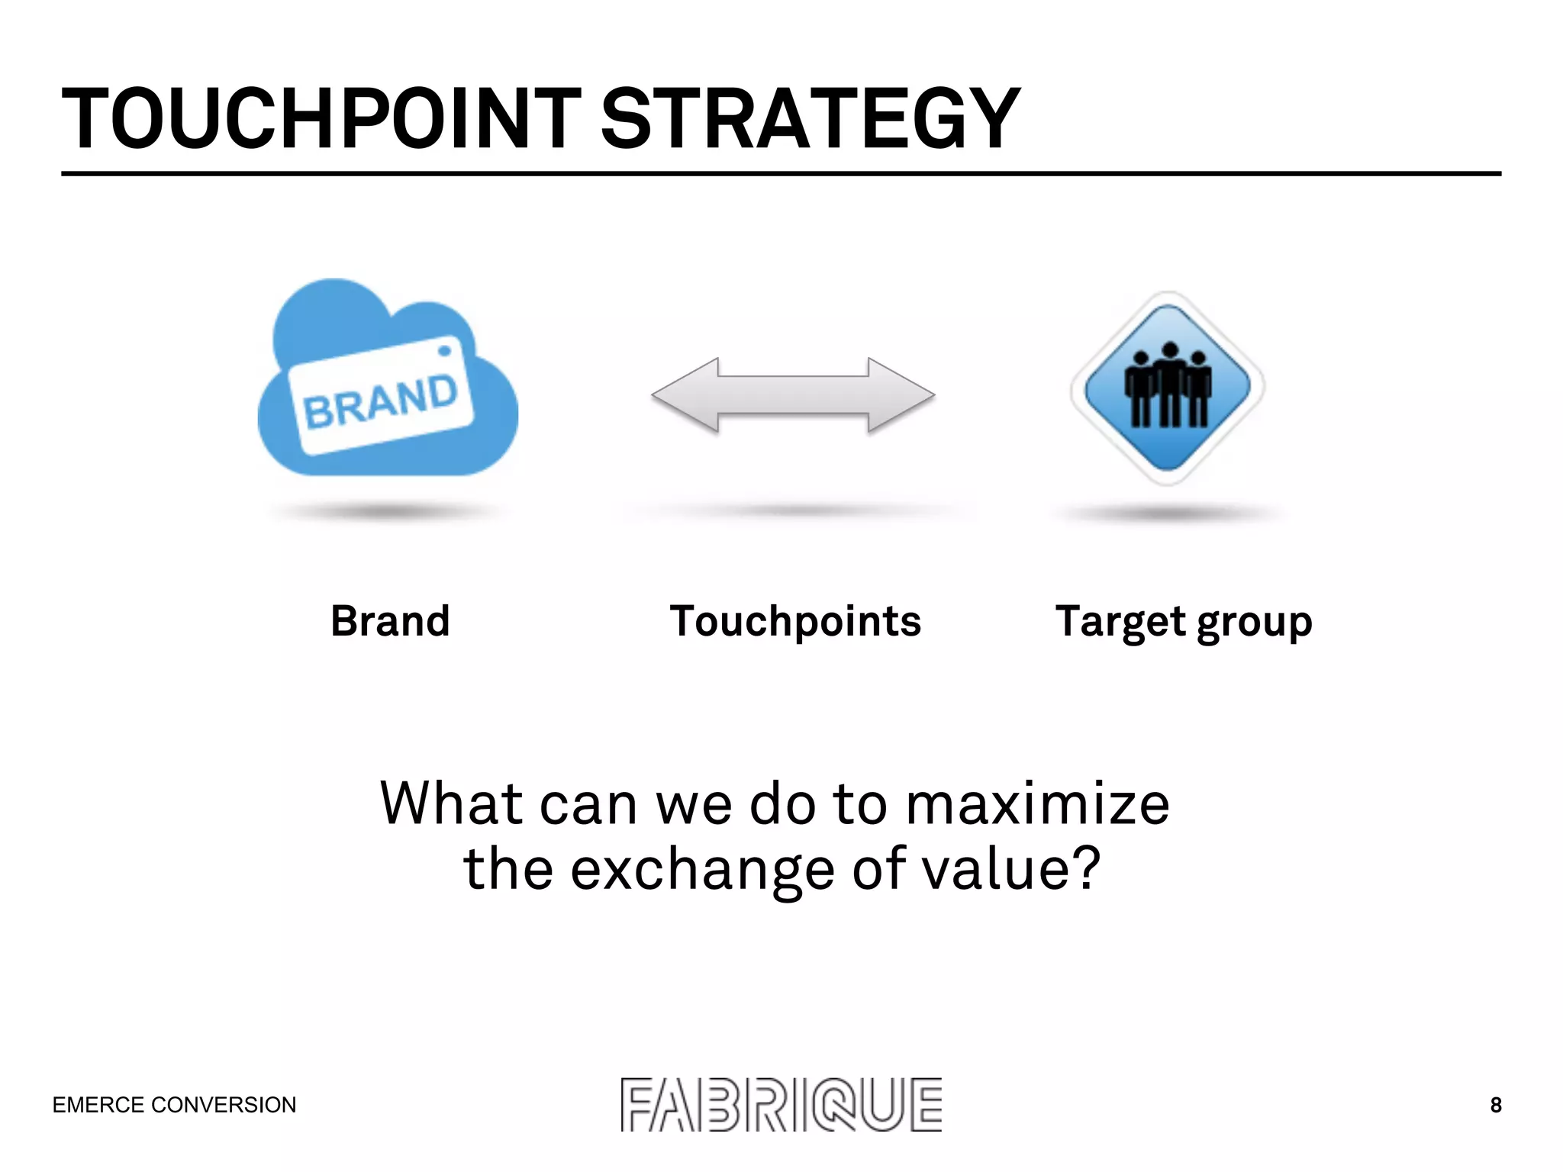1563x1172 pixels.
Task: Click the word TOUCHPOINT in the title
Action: pyautogui.click(x=321, y=119)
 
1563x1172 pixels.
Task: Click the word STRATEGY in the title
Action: pyautogui.click(x=811, y=119)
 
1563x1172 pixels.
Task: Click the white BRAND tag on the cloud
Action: pyautogui.click(x=382, y=397)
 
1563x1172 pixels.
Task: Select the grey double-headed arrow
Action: pyautogui.click(x=793, y=395)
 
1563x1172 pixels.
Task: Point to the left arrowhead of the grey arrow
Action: pyautogui.click(x=683, y=395)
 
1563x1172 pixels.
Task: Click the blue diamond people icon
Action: pyautogui.click(x=1167, y=388)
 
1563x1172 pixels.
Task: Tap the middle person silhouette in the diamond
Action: pyautogui.click(x=1168, y=382)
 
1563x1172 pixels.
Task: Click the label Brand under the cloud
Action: pyautogui.click(x=390, y=621)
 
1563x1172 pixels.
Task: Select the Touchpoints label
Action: pyautogui.click(x=795, y=621)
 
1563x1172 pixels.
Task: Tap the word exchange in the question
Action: pyautogui.click(x=702, y=870)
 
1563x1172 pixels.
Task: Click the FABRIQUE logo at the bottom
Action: pyautogui.click(x=781, y=1105)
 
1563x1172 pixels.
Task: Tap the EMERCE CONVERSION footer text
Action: pyautogui.click(x=174, y=1105)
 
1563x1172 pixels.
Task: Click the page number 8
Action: pyautogui.click(x=1496, y=1105)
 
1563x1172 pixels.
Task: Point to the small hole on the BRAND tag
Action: pyautogui.click(x=444, y=351)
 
